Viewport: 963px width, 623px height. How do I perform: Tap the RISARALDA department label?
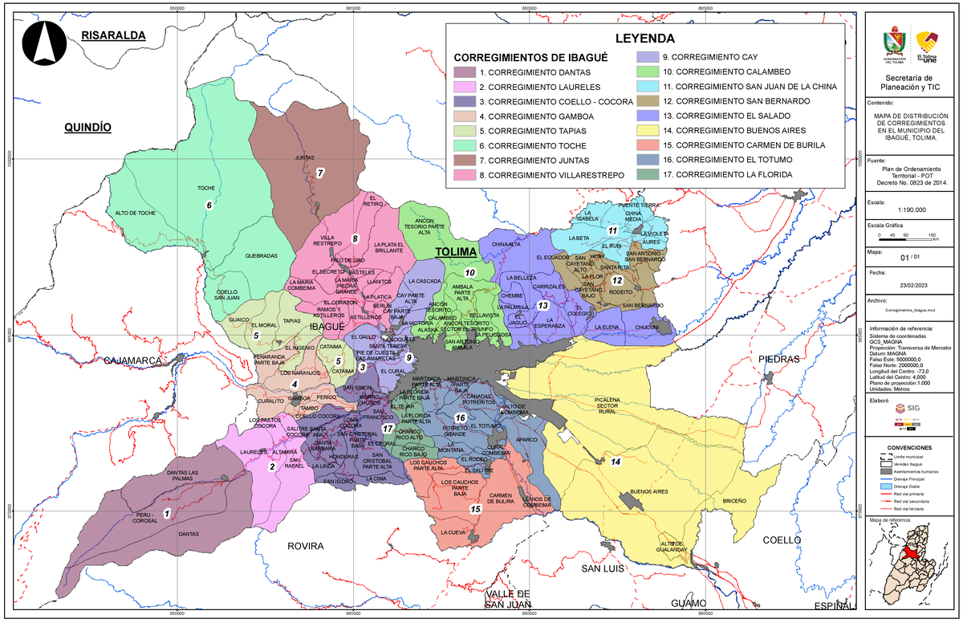tap(112, 36)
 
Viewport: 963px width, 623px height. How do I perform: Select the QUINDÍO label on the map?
tap(87, 128)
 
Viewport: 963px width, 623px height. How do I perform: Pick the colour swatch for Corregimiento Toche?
tap(465, 146)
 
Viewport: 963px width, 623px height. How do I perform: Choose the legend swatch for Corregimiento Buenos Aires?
tap(648, 131)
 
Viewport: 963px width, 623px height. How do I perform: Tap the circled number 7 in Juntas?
tap(319, 173)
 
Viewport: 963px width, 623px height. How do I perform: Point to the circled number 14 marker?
tap(616, 462)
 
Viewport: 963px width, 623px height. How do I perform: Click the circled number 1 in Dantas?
tap(166, 513)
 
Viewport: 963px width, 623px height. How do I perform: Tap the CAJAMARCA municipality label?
tap(132, 361)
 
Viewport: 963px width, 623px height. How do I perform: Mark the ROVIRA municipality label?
tap(305, 546)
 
